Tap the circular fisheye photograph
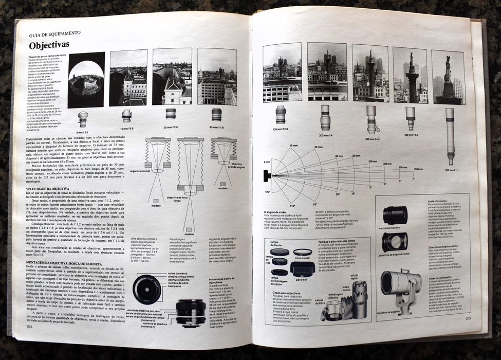[x=86, y=80]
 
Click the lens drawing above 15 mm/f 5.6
[x=126, y=116]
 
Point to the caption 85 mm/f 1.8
[x=216, y=127]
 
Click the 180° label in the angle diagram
[x=267, y=192]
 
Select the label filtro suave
[x=304, y=250]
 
